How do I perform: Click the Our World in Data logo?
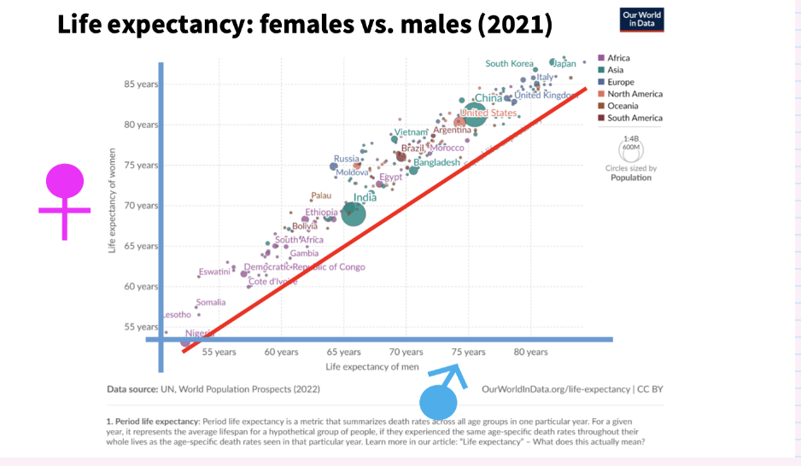641,20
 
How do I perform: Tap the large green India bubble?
354,214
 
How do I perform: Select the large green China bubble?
475,114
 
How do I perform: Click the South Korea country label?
509,64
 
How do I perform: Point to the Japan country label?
565,63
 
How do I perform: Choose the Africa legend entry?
618,58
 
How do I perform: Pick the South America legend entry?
634,118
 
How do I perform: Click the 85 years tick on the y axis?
142,84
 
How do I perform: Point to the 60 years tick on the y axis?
142,286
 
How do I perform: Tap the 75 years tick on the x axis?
468,352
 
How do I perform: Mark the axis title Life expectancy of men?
374,366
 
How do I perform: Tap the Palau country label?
322,195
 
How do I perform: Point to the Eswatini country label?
214,271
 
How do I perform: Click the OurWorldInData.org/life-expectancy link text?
556,389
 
